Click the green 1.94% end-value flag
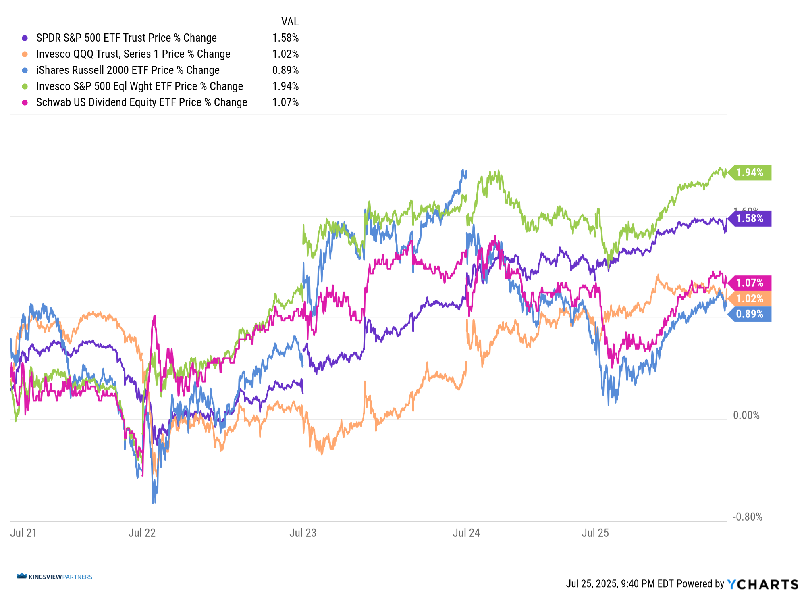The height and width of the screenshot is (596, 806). pos(750,173)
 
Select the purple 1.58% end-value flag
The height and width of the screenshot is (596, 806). pos(750,219)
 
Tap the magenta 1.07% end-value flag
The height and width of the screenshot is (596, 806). pos(750,283)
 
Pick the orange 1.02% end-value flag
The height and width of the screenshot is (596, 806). pos(750,299)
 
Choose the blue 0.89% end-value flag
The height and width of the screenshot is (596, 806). pos(750,314)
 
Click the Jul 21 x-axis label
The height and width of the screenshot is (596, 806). pos(23,533)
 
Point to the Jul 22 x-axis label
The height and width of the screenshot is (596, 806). pos(142,533)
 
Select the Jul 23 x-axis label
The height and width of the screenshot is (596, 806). pos(303,533)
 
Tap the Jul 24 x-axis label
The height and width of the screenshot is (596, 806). pos(466,533)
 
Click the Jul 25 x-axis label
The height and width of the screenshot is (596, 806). pos(595,533)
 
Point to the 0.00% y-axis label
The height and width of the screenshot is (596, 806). pos(746,415)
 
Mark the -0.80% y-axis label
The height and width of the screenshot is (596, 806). pos(748,517)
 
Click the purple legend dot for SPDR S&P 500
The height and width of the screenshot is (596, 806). pos(25,38)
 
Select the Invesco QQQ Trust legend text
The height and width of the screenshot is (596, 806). pos(133,54)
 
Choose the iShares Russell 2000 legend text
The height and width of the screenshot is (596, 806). pos(128,70)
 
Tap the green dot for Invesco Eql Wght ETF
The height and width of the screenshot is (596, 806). pos(25,86)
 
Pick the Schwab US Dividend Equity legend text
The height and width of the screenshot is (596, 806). pos(141,102)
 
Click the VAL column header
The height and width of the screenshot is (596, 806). pos(290,22)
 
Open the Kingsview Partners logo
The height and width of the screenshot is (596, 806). pos(54,577)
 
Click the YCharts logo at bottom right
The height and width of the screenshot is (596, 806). pos(762,584)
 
